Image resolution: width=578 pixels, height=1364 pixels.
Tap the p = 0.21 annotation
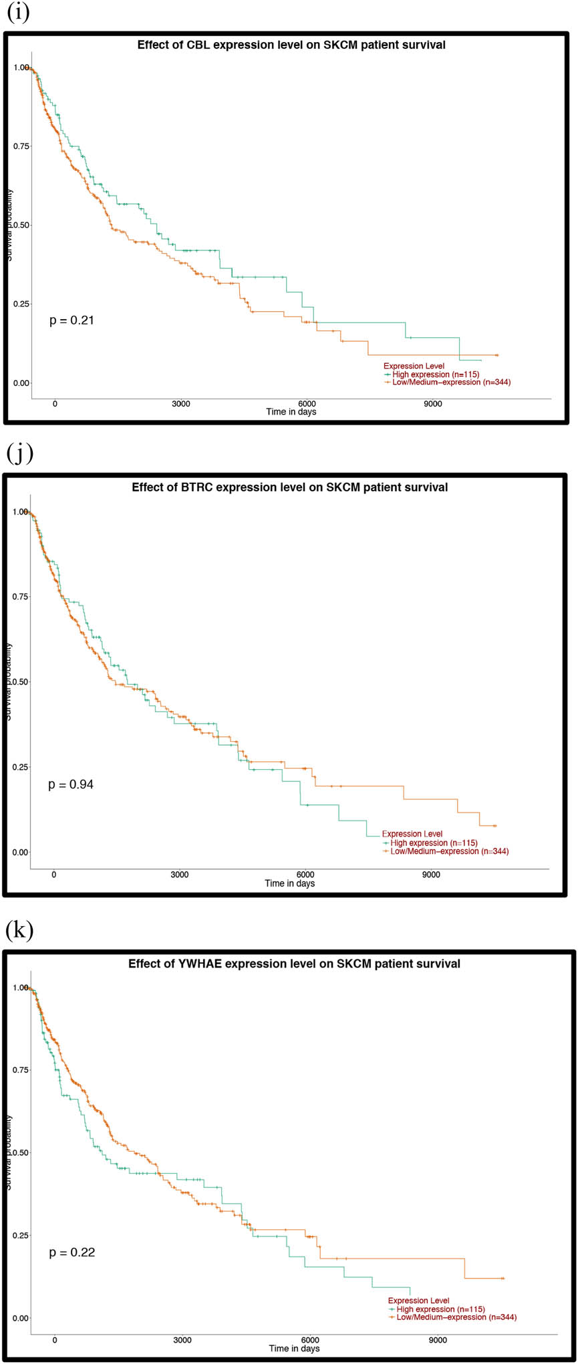71,320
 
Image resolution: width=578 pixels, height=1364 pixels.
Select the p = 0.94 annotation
71,784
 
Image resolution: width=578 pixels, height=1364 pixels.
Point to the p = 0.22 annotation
71,1253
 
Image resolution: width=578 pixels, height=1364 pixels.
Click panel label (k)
19,930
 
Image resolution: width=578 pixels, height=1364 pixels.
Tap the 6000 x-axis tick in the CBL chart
307,404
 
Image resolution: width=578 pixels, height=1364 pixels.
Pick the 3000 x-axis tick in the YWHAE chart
182,1340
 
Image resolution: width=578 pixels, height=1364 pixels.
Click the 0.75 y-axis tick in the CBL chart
21,146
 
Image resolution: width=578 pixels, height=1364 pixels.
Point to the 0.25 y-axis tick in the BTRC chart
21,767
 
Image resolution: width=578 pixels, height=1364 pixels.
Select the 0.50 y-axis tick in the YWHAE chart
21,1152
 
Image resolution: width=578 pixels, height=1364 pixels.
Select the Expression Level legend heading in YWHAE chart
419,1301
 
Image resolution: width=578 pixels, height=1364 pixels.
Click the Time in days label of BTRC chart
290,883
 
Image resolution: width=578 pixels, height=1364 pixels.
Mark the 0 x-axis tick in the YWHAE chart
55,1340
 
